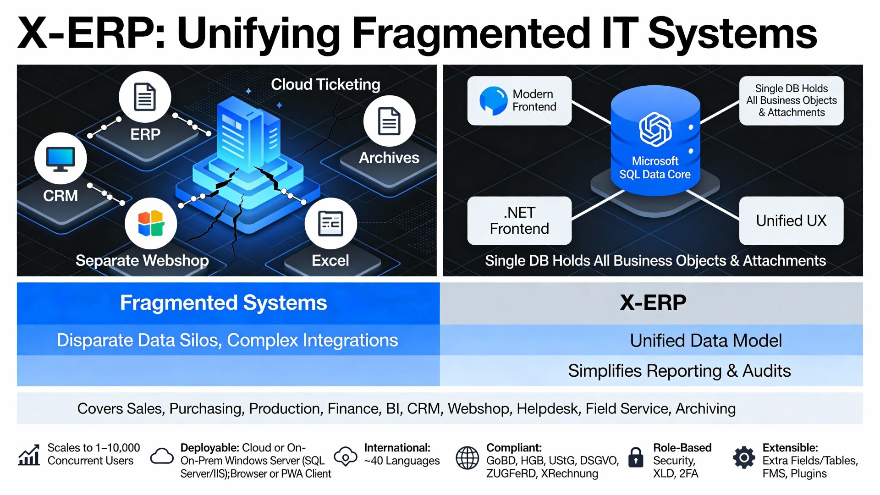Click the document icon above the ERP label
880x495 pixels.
click(x=145, y=97)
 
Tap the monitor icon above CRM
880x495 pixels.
click(x=60, y=159)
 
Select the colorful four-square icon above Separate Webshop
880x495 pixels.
click(x=151, y=223)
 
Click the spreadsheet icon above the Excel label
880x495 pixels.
click(x=330, y=223)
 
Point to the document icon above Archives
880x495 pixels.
click(x=389, y=121)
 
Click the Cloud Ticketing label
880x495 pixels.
click(x=325, y=84)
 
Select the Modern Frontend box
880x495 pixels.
click(x=519, y=100)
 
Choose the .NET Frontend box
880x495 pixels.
click(x=519, y=220)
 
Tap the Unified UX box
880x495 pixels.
click(x=791, y=220)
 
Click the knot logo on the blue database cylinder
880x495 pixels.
click(x=655, y=130)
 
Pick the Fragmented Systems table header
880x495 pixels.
click(x=224, y=303)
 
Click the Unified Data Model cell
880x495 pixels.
click(x=706, y=341)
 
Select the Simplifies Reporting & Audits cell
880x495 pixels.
click(x=679, y=371)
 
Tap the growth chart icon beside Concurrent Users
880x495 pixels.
click(x=29, y=455)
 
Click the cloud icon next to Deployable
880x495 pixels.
click(x=162, y=456)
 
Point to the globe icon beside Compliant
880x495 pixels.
click(x=467, y=457)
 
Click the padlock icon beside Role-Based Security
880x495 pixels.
click(x=636, y=457)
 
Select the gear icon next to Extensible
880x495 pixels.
click(x=744, y=457)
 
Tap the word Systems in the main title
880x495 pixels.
click(x=732, y=33)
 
